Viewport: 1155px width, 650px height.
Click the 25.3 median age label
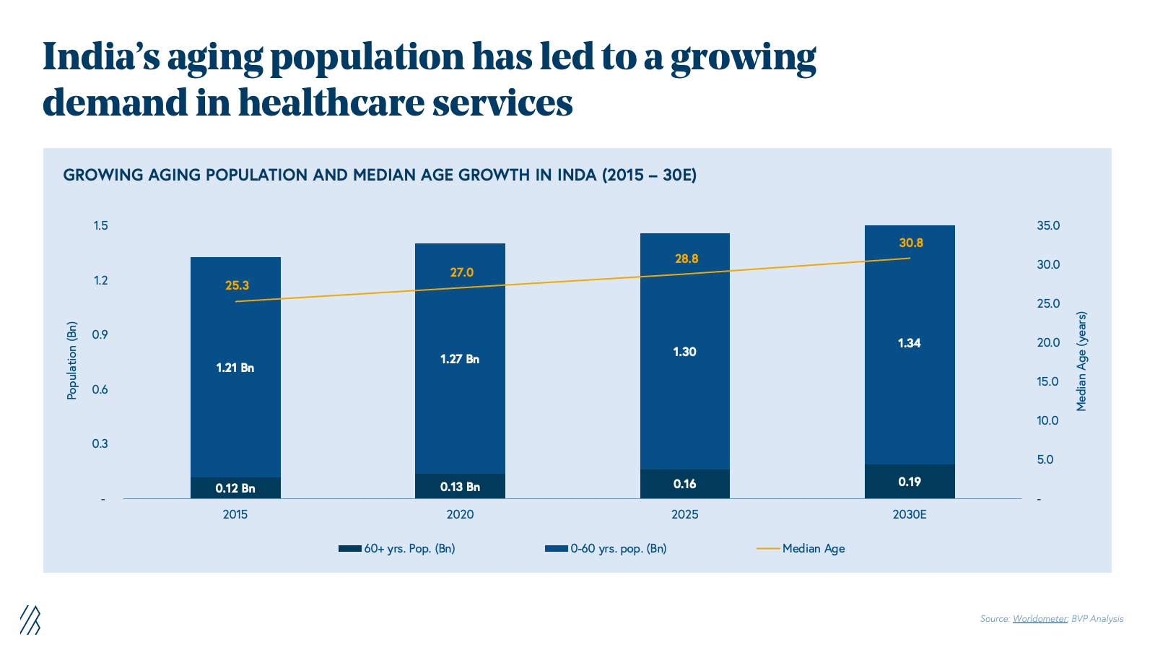[237, 286]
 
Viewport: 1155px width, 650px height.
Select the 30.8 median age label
[911, 243]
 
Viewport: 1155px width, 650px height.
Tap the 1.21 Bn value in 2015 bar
[235, 368]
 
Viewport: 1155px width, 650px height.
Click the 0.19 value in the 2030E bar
[910, 482]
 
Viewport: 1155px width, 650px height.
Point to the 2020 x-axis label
[460, 515]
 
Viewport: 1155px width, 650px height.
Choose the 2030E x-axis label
[909, 515]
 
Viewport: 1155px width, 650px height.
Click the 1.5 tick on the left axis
[100, 226]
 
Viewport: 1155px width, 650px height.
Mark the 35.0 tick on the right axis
[1048, 226]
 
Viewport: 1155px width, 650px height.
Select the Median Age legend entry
[813, 549]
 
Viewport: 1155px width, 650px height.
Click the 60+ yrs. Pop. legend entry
[409, 549]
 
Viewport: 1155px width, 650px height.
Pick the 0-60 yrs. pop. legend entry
[618, 549]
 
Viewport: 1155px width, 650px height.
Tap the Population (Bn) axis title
[72, 360]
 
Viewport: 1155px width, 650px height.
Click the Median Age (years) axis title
[1081, 362]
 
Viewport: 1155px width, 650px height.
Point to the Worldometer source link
[1039, 619]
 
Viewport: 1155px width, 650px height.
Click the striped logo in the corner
[30, 620]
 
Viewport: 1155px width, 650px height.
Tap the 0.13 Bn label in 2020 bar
[460, 487]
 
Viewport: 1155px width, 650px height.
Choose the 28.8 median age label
[687, 259]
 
